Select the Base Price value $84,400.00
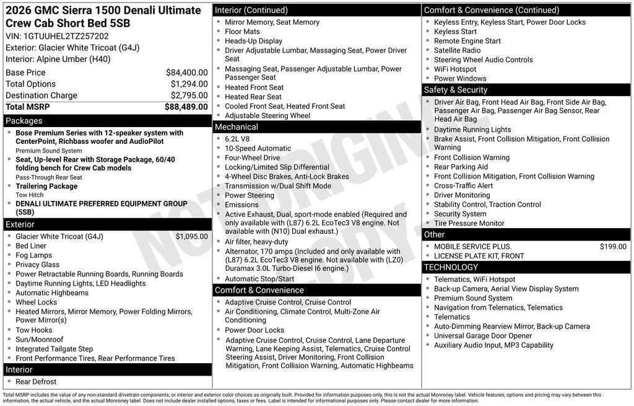pyautogui.click(x=186, y=73)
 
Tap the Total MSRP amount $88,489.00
pyautogui.click(x=186, y=107)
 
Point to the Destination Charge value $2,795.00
pyautogui.click(x=189, y=95)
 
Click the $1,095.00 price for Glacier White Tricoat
pyautogui.click(x=191, y=236)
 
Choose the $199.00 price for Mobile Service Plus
pyautogui.click(x=613, y=247)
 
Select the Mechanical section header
pyautogui.click(x=236, y=127)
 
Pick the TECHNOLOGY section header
pyautogui.click(x=451, y=267)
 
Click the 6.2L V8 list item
pyautogui.click(x=237, y=139)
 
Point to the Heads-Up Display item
pyautogui.click(x=253, y=41)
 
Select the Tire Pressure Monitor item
pyautogui.click(x=469, y=223)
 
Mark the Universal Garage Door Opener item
pyautogui.click(x=483, y=336)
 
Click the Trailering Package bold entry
pyautogui.click(x=46, y=186)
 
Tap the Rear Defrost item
pyautogui.click(x=36, y=382)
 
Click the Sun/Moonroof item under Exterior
pyautogui.click(x=39, y=340)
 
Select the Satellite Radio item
pyautogui.click(x=457, y=50)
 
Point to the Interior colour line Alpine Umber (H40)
pyautogui.click(x=58, y=59)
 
